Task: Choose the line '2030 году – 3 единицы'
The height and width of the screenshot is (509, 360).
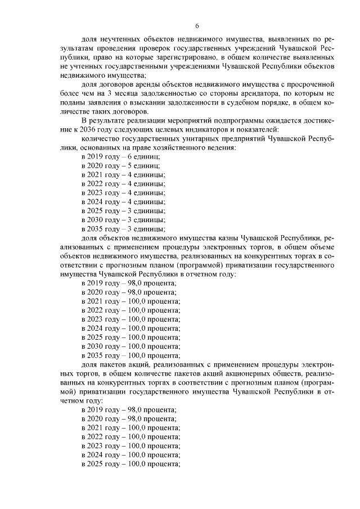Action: point(123,220)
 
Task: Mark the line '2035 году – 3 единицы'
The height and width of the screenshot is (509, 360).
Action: point(123,229)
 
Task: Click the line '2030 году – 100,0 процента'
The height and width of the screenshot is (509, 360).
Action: point(130,346)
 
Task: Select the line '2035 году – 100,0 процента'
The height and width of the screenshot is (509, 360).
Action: point(130,355)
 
